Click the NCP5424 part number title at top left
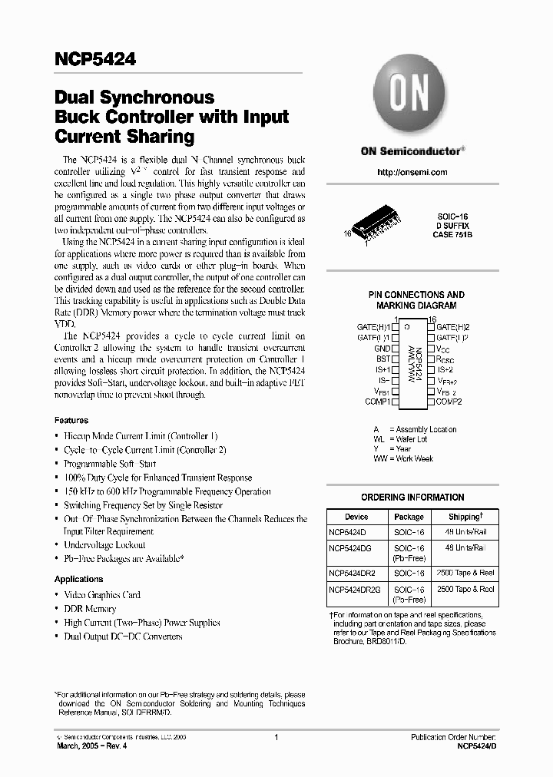tap(94, 59)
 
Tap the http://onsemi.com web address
tap(412, 172)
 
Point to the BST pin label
tap(382, 359)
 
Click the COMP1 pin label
tap(376, 402)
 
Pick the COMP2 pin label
tap(449, 402)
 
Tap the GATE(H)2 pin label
tap(452, 326)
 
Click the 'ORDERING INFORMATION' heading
tap(412, 498)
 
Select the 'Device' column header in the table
tap(356, 517)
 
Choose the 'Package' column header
tap(409, 517)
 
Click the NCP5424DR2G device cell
tap(354, 590)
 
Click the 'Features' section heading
tap(71, 421)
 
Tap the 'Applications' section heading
tap(78, 579)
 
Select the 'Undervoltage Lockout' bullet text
tap(104, 545)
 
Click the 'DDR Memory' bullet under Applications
tap(90, 609)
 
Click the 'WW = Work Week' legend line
tap(403, 458)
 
